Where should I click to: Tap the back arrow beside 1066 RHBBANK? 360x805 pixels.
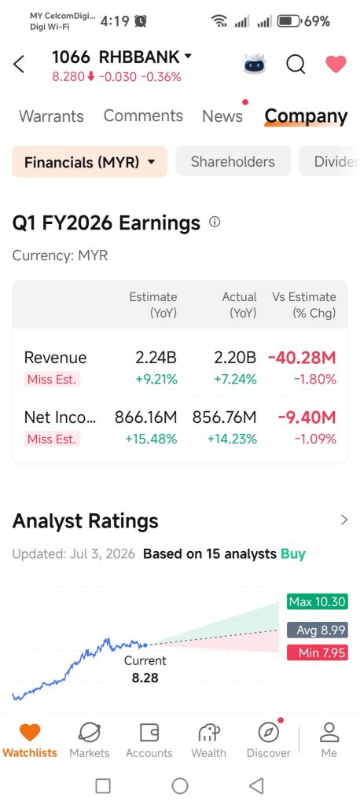tap(19, 64)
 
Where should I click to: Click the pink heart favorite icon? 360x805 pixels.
tap(336, 64)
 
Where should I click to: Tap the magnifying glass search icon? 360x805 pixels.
tap(296, 64)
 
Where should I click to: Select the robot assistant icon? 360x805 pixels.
tap(255, 64)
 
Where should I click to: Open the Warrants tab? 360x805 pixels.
tap(51, 116)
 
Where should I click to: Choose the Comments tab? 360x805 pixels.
tap(143, 116)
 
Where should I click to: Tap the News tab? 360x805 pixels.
tap(222, 116)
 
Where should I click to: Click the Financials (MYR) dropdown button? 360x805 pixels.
tap(90, 162)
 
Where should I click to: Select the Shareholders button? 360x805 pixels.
tap(233, 162)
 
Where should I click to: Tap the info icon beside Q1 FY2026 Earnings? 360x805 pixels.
tap(215, 222)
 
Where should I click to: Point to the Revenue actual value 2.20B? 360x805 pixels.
tap(235, 358)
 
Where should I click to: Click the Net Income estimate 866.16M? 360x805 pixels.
tap(146, 417)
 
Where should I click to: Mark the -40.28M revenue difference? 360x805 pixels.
tap(302, 358)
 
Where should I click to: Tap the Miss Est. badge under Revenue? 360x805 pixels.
tap(51, 380)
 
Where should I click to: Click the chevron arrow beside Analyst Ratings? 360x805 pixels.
tap(344, 520)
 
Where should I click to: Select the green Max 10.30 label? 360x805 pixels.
tap(317, 601)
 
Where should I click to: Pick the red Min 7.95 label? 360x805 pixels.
tap(317, 653)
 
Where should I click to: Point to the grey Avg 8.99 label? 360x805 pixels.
tap(317, 630)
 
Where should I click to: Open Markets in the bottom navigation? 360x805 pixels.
tap(90, 741)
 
